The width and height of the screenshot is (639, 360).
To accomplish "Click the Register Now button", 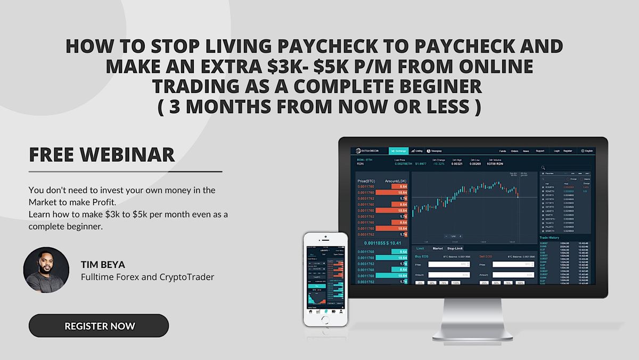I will (x=99, y=325).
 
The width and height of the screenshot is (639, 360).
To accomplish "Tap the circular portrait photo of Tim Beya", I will (x=46, y=270).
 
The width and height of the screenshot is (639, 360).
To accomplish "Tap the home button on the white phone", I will (x=325, y=320).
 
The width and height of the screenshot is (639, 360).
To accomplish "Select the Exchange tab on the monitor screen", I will (x=398, y=151).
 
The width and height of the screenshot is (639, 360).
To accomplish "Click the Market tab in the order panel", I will (x=438, y=248).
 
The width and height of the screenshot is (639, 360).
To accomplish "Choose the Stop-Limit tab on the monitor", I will (x=455, y=248).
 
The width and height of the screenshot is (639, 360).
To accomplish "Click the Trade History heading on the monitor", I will (x=551, y=238).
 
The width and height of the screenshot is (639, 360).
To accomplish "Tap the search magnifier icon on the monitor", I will (x=543, y=168).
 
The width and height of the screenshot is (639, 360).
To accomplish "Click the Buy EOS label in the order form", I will (x=422, y=256).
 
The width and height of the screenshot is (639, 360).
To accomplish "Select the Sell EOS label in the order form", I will (x=486, y=256).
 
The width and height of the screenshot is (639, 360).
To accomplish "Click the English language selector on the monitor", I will (x=587, y=151).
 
